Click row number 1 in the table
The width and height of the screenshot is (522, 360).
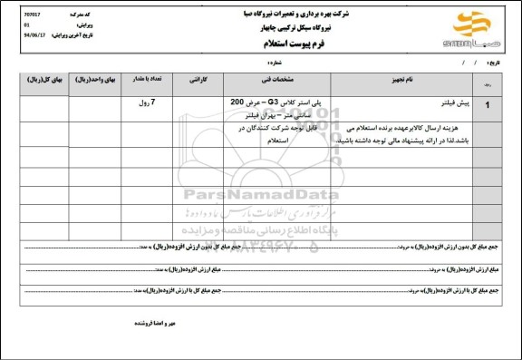click(x=490, y=105)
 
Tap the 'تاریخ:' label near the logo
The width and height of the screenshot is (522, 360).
click(x=493, y=63)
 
